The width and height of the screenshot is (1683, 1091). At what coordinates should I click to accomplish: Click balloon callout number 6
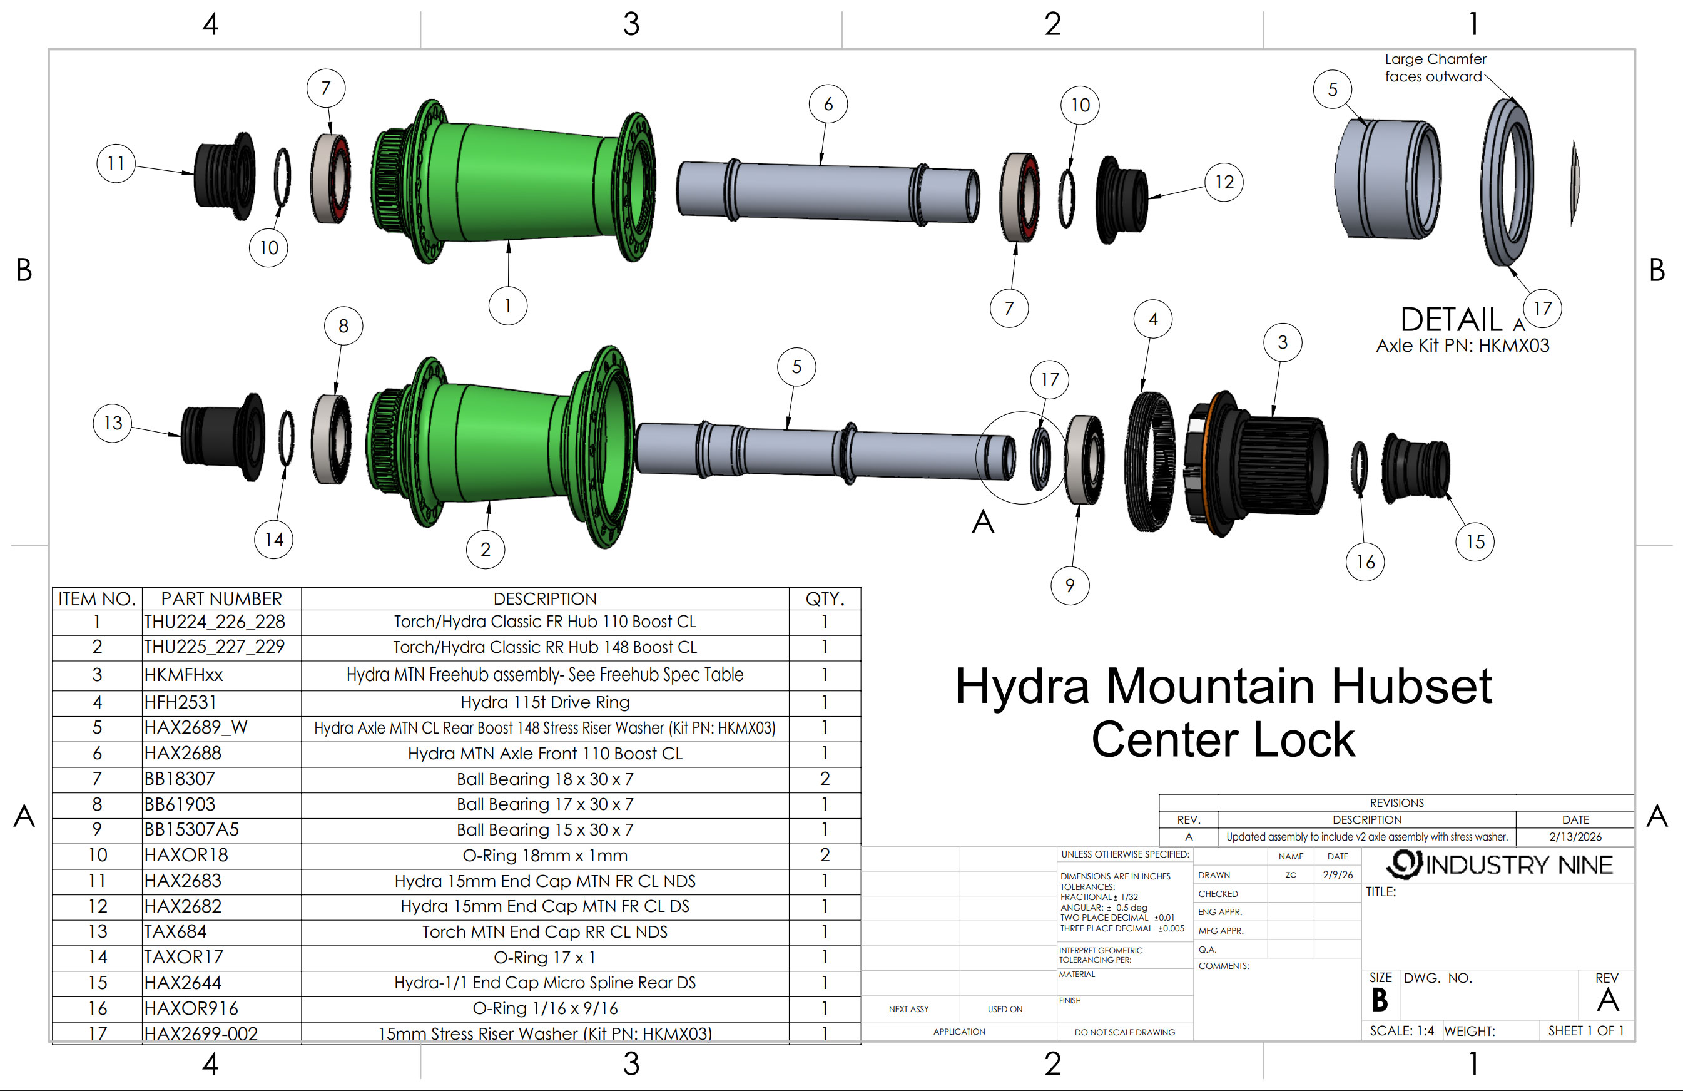[828, 104]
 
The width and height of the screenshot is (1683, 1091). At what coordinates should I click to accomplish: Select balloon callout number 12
[1224, 183]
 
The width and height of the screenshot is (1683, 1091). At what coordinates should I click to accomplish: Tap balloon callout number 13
[113, 423]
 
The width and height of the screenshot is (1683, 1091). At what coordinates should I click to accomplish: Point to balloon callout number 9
[1070, 585]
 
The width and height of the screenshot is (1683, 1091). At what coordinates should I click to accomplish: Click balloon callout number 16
[1365, 561]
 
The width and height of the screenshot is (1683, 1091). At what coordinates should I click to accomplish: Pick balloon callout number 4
[1152, 319]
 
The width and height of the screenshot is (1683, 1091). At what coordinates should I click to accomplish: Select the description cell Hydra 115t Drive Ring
[544, 702]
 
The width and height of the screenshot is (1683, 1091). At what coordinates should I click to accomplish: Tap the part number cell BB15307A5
[191, 829]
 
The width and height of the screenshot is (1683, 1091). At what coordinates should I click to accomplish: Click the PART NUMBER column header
[221, 599]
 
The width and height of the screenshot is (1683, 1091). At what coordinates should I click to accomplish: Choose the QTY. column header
[825, 599]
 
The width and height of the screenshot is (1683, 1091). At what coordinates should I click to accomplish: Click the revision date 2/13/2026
[1575, 837]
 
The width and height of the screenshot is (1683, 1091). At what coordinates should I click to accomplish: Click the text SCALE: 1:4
[1401, 1031]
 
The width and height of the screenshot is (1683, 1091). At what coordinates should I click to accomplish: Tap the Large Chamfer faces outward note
[1435, 68]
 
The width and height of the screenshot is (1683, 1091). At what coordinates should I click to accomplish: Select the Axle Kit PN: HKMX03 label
[1462, 346]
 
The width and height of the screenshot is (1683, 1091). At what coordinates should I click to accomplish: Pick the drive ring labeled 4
[1149, 461]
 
